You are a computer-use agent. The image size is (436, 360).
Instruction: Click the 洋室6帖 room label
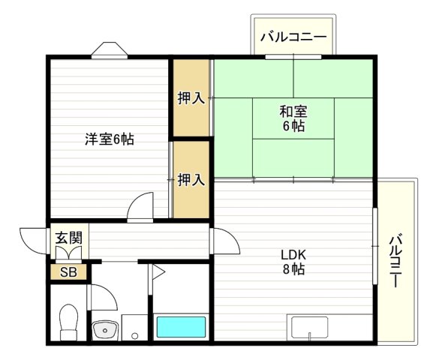[110, 139]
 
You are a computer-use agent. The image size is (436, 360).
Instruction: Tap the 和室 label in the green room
[293, 112]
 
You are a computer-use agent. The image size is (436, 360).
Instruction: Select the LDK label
[293, 255]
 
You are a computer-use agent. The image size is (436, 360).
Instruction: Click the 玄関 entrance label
[69, 238]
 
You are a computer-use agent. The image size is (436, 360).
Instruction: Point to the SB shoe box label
[68, 272]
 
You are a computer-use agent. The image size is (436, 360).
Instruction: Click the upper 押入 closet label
[191, 98]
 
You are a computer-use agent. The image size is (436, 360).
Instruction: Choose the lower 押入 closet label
[191, 179]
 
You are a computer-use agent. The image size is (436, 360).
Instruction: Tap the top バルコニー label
[293, 37]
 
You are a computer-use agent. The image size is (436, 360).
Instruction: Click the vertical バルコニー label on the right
[395, 261]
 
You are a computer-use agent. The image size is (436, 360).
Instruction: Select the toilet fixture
[69, 322]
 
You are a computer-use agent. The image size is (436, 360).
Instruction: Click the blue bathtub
[181, 327]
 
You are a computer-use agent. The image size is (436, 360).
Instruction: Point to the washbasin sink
[104, 330]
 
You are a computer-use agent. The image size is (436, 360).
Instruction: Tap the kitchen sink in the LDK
[309, 328]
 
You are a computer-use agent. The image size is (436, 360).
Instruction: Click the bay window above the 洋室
[110, 50]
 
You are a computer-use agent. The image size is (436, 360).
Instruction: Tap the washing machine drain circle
[134, 336]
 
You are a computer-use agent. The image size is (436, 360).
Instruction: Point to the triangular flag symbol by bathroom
[158, 271]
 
